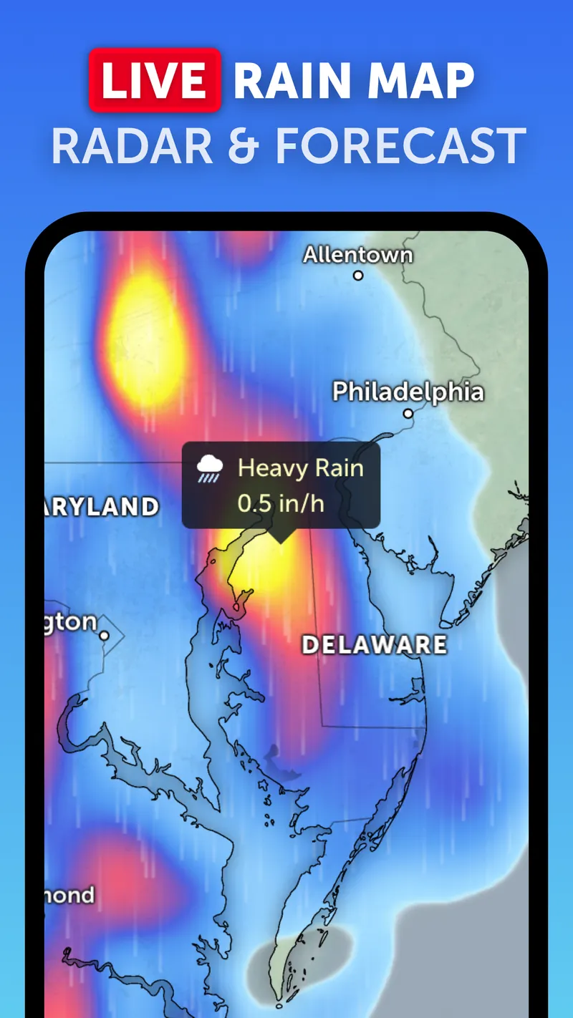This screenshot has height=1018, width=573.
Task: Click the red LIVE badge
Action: click(155, 80)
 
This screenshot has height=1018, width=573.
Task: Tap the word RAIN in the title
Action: click(299, 81)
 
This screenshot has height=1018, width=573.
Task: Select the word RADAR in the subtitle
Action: click(131, 146)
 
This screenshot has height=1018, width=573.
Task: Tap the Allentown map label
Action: click(358, 254)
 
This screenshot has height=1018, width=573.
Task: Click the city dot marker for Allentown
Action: click(358, 275)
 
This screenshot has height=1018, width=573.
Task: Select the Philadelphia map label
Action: click(408, 392)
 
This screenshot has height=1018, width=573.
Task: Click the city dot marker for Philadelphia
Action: click(408, 413)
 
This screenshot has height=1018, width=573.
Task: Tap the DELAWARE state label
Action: click(374, 644)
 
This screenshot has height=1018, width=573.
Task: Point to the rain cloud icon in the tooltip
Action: click(209, 470)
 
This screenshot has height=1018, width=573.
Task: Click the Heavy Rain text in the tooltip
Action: click(301, 468)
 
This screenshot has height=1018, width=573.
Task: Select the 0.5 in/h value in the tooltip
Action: click(281, 503)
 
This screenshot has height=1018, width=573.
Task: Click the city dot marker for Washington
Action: click(105, 635)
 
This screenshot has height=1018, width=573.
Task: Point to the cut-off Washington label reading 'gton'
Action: click(70, 621)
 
